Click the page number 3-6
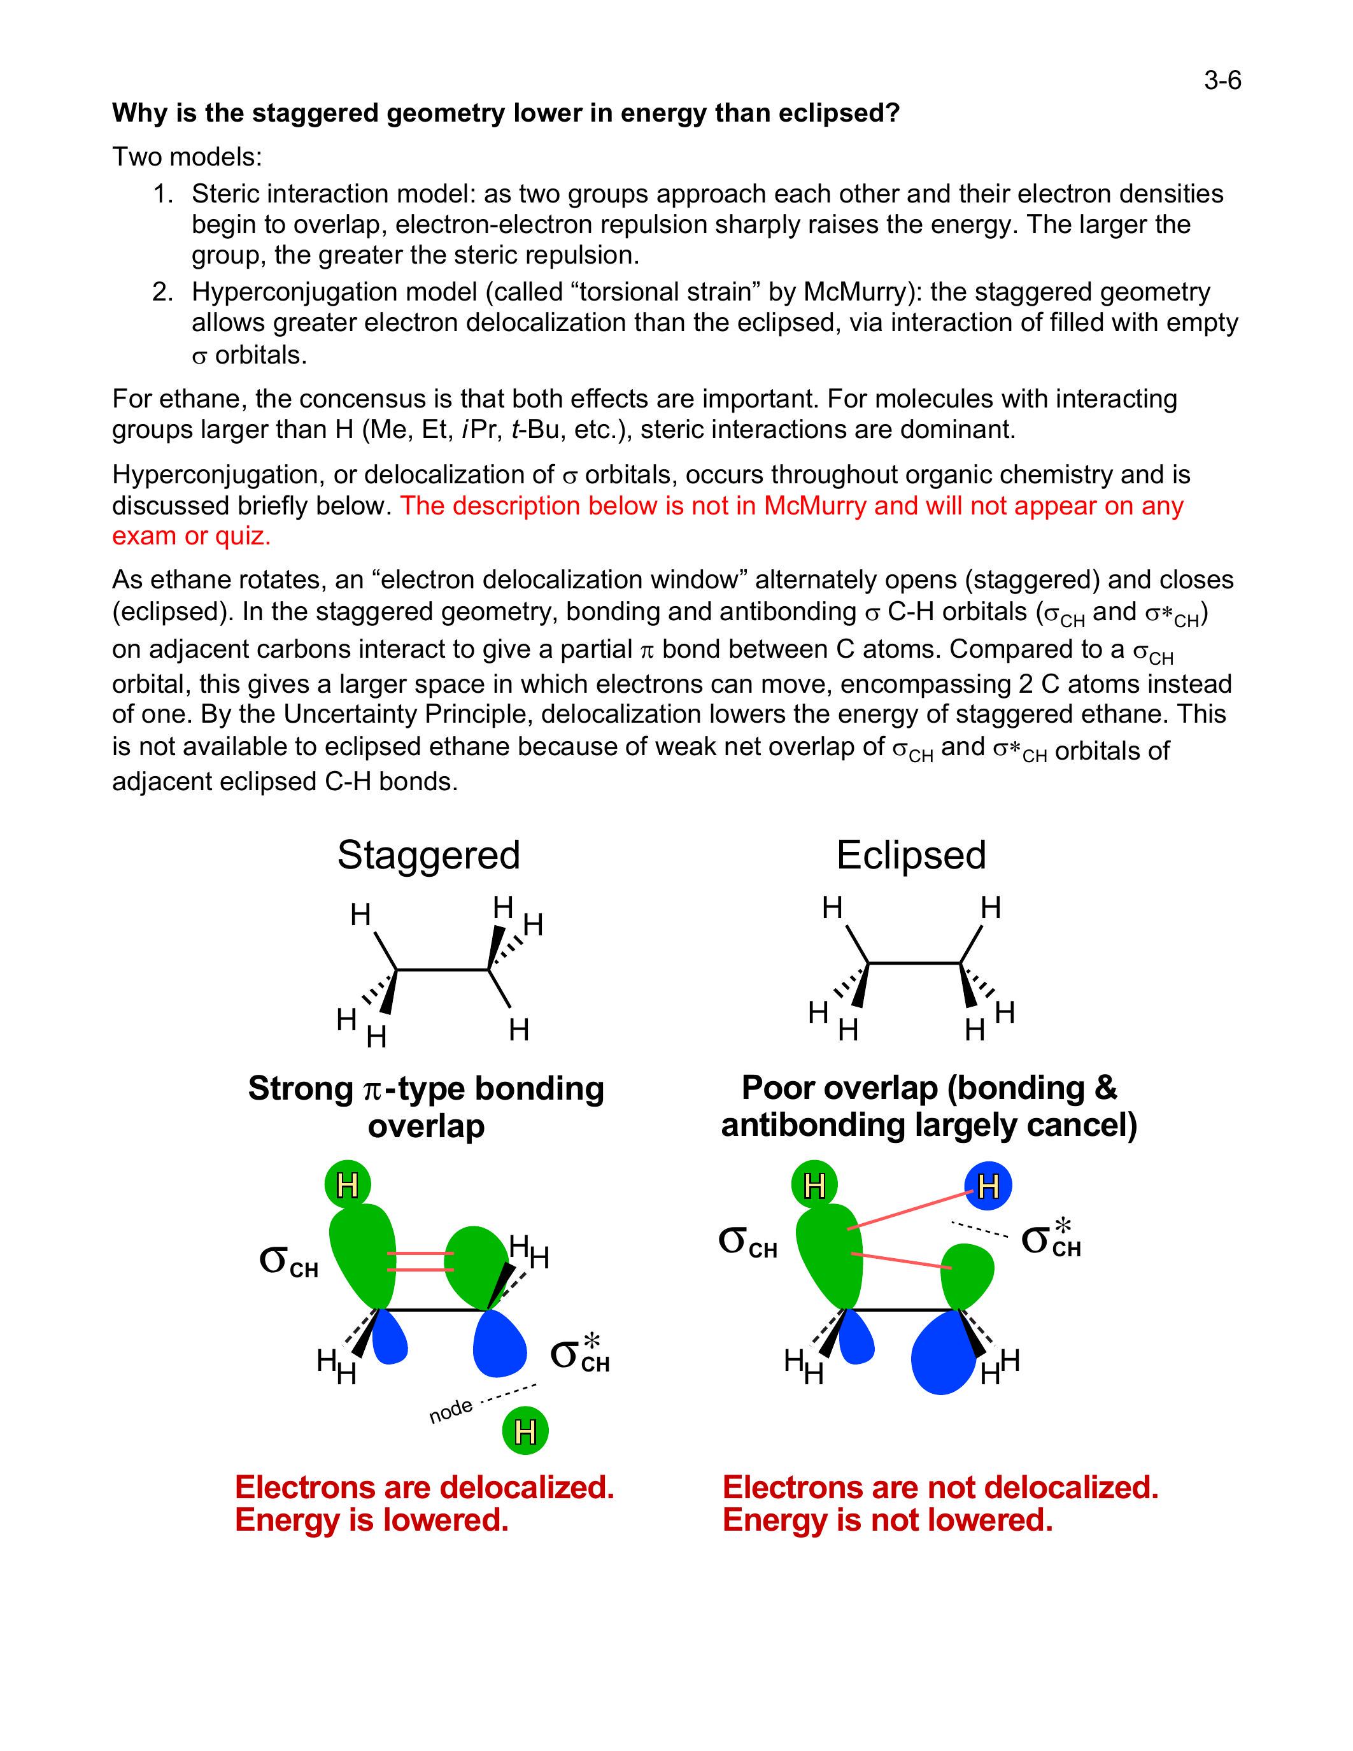(x=1222, y=80)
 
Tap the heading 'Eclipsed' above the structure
(x=910, y=854)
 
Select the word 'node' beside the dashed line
(x=450, y=1410)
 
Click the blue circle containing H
(x=988, y=1185)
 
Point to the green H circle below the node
(x=525, y=1431)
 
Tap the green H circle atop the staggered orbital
(x=348, y=1184)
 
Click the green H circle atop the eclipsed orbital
(x=814, y=1185)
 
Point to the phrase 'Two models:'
(x=187, y=157)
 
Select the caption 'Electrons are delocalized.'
(x=424, y=1487)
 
